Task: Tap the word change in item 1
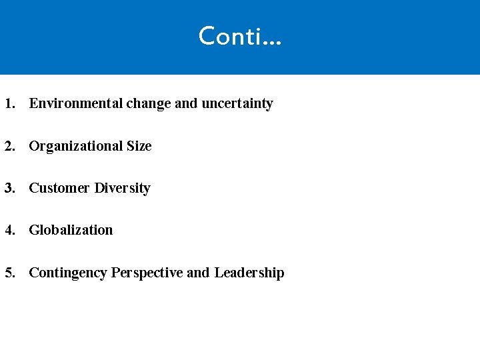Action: pos(148,103)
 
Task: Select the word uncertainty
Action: pos(237,103)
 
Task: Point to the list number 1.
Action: pos(9,103)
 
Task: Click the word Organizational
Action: pos(75,146)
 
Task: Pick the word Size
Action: pos(139,146)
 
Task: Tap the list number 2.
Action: pos(9,146)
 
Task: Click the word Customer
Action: pos(59,188)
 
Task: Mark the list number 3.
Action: pos(9,188)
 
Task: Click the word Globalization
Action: pos(71,230)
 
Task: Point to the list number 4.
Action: pos(9,230)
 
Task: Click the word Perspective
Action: pos(147,273)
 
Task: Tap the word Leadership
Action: pos(249,273)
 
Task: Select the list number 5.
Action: pos(9,273)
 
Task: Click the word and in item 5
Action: pos(198,273)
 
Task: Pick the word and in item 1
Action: pos(186,103)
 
